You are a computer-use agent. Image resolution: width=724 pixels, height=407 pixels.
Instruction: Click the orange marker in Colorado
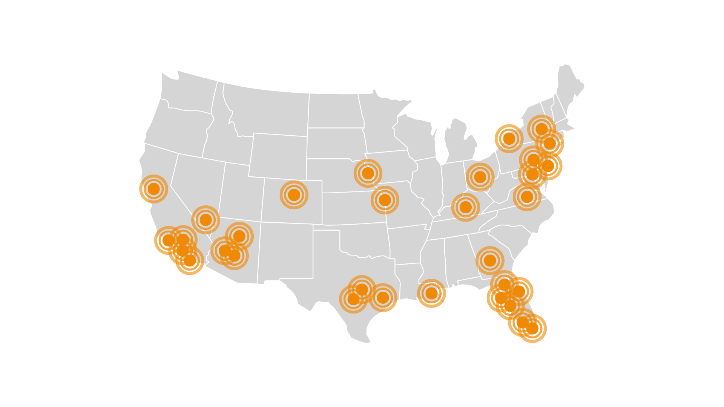(294, 195)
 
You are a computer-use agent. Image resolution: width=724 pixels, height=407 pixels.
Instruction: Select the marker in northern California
(153, 189)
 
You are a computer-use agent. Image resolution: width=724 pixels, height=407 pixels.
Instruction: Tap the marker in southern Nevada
(206, 219)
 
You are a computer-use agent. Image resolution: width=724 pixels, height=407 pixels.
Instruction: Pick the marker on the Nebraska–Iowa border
(368, 173)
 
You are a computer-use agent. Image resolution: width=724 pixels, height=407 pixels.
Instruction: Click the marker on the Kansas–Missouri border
(385, 200)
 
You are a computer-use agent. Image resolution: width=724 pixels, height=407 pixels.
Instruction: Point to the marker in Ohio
(480, 177)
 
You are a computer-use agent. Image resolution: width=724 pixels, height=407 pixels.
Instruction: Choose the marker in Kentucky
(465, 207)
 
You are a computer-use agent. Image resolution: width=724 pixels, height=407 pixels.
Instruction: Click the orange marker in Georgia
(490, 260)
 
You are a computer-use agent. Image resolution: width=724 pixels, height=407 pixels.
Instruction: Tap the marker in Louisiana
(431, 293)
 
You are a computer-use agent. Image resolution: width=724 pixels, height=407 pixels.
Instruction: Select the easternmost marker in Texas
(383, 298)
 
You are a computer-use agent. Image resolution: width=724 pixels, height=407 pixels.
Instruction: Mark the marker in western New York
(509, 138)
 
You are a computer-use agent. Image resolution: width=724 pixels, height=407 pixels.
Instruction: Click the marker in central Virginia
(527, 196)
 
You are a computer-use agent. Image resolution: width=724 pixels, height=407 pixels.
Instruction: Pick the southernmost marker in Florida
(532, 328)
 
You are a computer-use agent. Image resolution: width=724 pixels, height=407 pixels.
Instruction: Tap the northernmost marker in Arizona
(239, 236)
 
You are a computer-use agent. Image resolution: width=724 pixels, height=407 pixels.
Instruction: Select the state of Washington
(189, 90)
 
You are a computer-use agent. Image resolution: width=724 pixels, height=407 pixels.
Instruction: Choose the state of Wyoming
(279, 155)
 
